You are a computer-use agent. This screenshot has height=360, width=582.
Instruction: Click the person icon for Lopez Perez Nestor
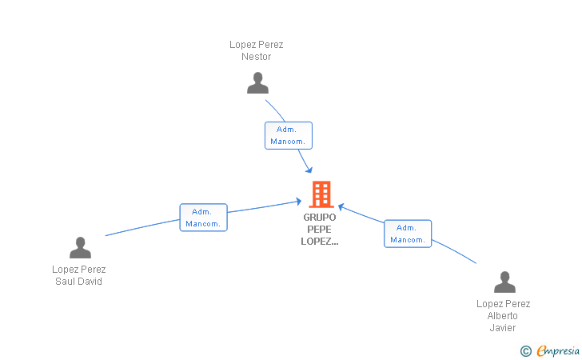tap(257, 83)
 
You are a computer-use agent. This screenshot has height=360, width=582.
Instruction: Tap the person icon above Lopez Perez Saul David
tap(80, 247)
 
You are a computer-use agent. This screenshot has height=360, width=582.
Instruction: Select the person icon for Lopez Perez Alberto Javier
tap(504, 282)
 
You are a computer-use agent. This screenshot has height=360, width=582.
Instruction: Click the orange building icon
tap(321, 194)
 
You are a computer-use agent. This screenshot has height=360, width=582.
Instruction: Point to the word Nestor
tap(256, 57)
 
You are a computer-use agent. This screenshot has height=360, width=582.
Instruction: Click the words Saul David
tap(78, 282)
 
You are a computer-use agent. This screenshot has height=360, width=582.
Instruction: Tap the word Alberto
tap(503, 316)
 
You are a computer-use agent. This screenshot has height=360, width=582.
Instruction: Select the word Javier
tap(503, 328)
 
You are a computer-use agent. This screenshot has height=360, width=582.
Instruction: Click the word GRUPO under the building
tap(320, 218)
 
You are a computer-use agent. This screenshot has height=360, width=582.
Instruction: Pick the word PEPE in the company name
tap(319, 230)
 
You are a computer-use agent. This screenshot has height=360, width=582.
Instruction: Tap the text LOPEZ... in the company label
tap(320, 242)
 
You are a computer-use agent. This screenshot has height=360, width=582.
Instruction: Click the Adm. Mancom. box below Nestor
tap(289, 136)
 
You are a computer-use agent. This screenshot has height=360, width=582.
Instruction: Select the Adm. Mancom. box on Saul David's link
tap(203, 218)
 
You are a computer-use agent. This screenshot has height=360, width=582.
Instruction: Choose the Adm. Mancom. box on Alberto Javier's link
tap(408, 234)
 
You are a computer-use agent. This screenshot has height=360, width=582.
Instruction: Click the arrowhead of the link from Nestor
tap(309, 170)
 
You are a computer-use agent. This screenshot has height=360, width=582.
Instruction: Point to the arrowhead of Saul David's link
tap(298, 202)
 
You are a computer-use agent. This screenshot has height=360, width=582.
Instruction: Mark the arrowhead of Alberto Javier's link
tap(341, 207)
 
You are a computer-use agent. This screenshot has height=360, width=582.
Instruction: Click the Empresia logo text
tap(558, 350)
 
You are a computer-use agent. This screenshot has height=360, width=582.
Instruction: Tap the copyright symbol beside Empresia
tap(526, 351)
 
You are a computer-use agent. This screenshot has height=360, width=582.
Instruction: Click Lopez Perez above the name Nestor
tap(256, 45)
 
